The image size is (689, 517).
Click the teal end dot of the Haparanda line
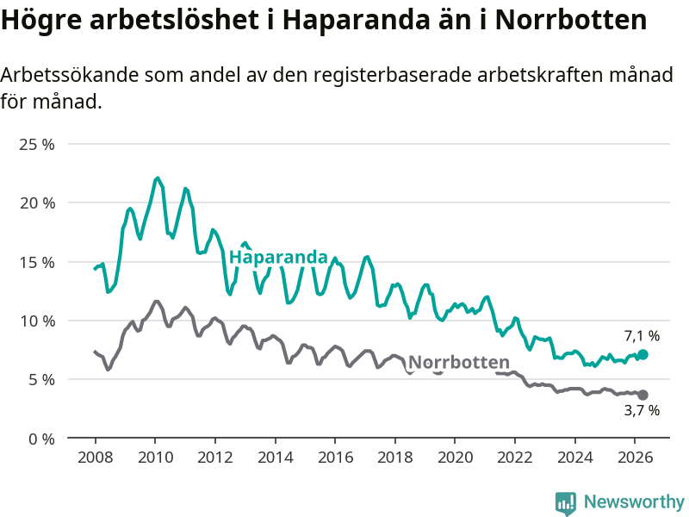point(642,354)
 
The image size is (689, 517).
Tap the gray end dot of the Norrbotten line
point(642,395)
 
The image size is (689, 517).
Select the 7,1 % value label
point(642,336)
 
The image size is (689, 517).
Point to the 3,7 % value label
point(642,410)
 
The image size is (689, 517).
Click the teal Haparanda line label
point(278,257)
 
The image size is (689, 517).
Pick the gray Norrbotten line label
point(459,362)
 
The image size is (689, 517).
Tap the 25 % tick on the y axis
point(37,144)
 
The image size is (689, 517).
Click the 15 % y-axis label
point(37,263)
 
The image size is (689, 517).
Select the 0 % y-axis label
point(41,439)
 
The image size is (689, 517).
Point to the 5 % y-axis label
point(41,380)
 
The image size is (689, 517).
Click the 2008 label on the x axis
point(96,458)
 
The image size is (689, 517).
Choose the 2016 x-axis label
point(335,458)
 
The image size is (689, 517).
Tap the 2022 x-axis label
point(515,458)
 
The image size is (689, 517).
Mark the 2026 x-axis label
point(636,458)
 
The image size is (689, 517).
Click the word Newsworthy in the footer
point(634,501)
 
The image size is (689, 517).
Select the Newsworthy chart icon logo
point(566,503)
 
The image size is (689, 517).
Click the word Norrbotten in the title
point(571,19)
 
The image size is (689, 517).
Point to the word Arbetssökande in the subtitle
point(70,75)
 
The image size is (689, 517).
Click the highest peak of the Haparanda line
point(158,178)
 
